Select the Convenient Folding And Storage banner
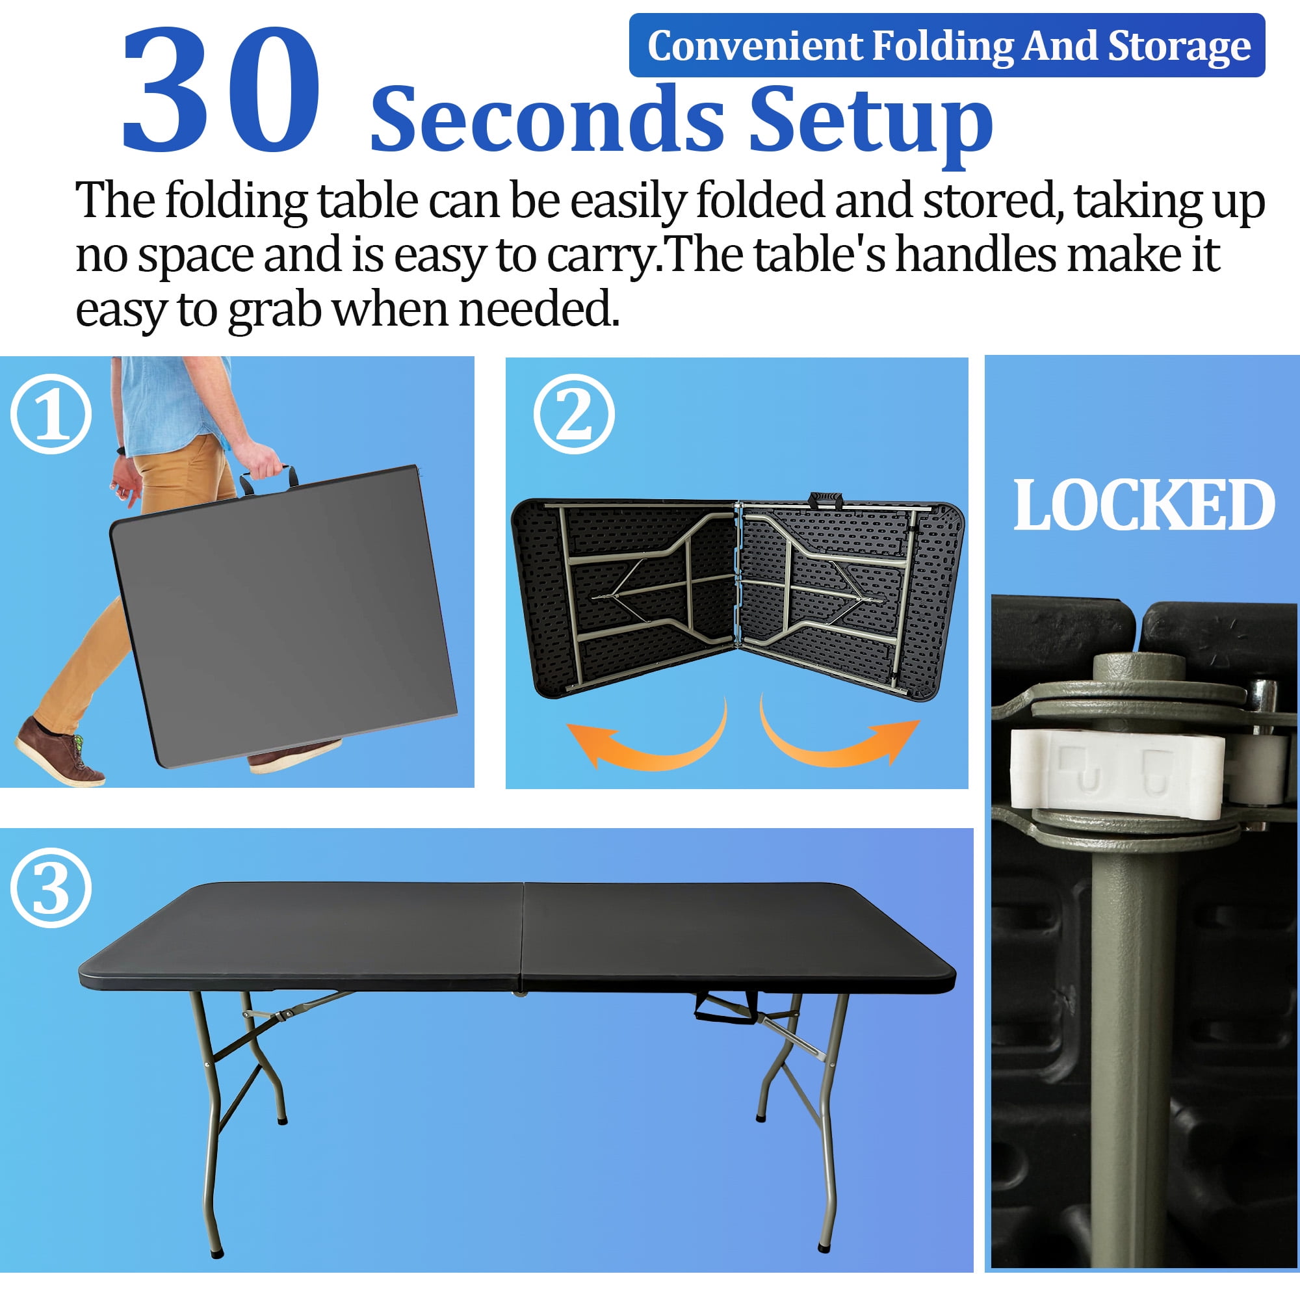click(947, 45)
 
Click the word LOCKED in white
click(1143, 505)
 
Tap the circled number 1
click(51, 414)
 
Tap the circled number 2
click(574, 414)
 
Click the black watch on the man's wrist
click(120, 450)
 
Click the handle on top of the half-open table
click(825, 500)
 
